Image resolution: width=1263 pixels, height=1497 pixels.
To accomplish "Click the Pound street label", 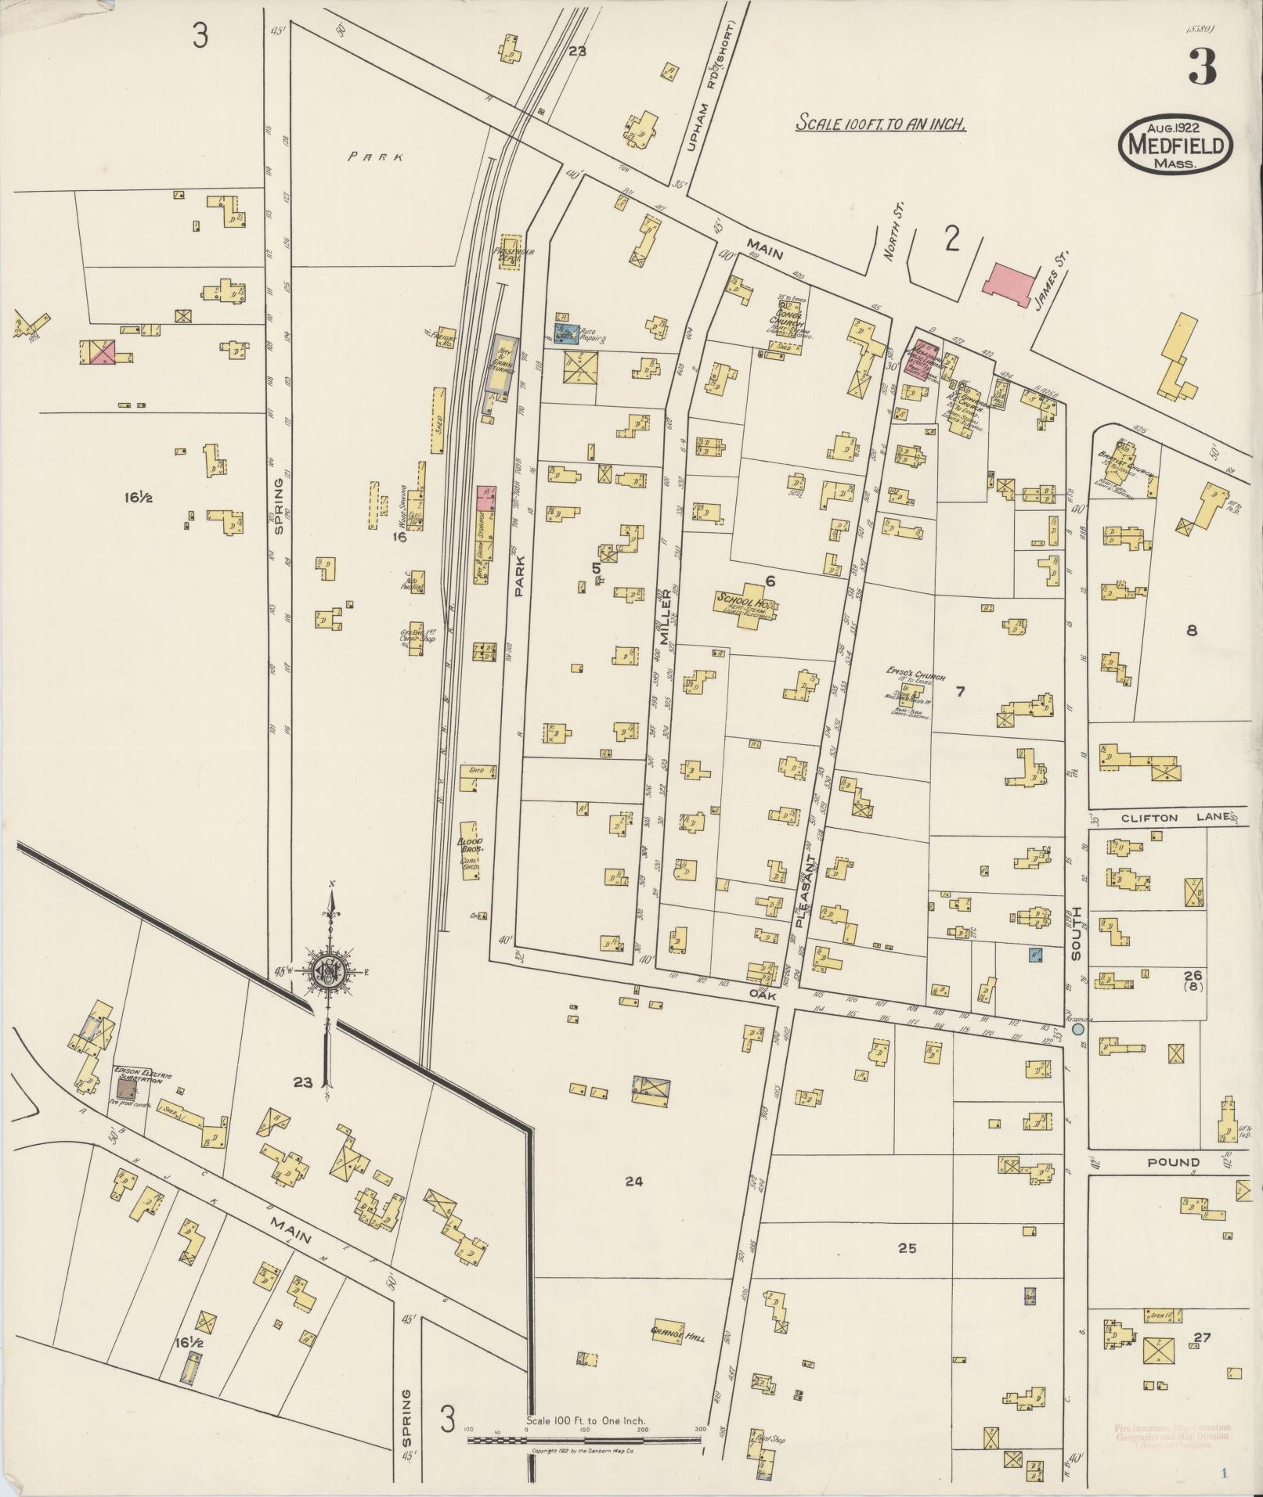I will coord(1174,1162).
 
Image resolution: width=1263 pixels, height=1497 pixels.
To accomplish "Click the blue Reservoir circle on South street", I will coord(1078,1030).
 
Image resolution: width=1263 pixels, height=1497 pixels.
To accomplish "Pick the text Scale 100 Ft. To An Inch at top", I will coord(880,124).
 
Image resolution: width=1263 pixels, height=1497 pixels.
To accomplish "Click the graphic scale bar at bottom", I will coord(587,1438).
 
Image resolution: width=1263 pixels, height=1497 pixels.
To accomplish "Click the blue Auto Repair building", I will coord(566,334).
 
